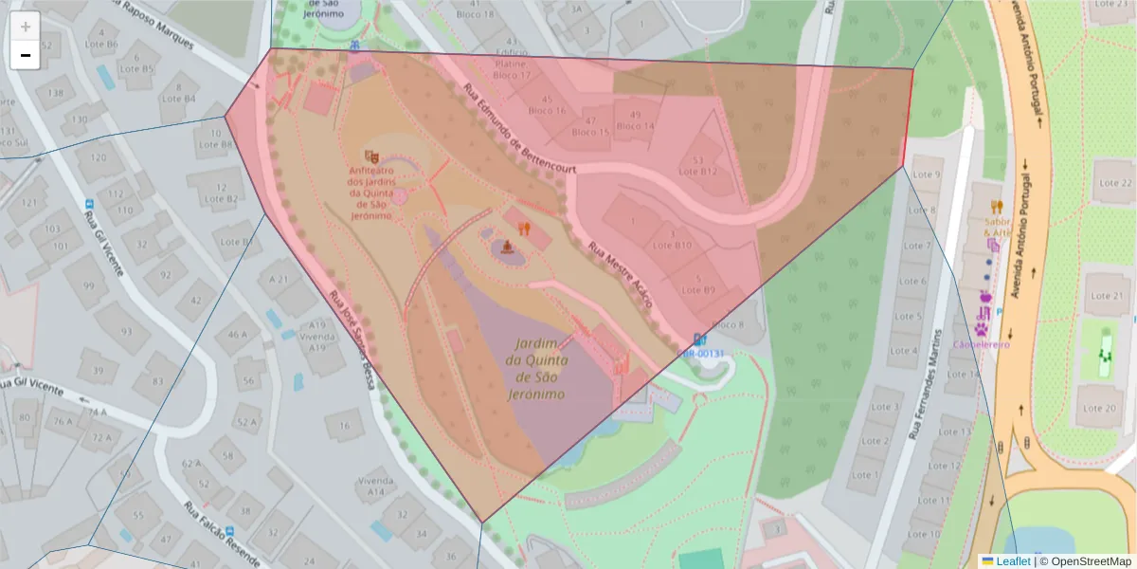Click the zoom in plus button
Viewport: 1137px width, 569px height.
[x=26, y=27]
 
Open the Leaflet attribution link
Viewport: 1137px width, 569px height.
[x=1013, y=561]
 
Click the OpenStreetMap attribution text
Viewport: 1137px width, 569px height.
[x=1085, y=561]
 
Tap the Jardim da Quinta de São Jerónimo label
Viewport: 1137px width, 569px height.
[x=536, y=368]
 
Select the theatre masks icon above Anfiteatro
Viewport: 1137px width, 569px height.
[x=371, y=156]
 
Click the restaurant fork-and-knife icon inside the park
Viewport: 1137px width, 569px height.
[x=524, y=229]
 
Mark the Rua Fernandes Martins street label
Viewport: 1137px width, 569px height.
[x=925, y=384]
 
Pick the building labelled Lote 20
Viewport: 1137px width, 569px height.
[x=1097, y=408]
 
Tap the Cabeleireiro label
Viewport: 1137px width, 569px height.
[x=982, y=344]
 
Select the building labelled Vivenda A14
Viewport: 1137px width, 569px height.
[x=375, y=486]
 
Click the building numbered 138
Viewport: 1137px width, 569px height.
[x=56, y=93]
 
